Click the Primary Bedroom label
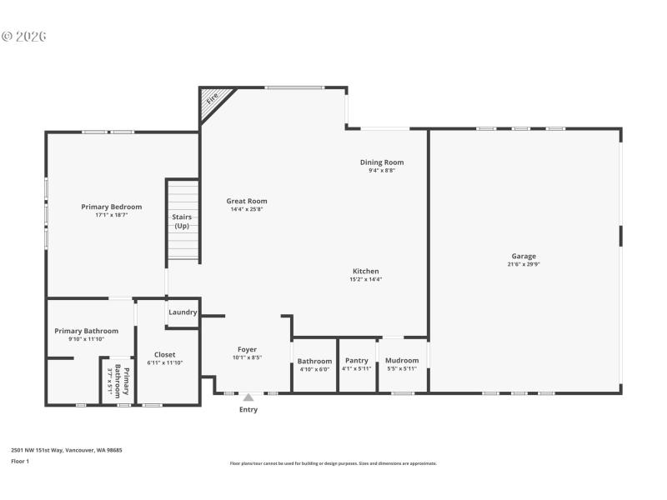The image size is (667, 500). (x=111, y=207)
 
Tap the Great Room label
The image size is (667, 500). (x=247, y=201)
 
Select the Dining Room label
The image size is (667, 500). (x=382, y=162)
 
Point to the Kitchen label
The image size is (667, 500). (x=365, y=271)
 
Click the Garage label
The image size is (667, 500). (x=524, y=256)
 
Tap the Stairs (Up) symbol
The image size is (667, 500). (x=182, y=221)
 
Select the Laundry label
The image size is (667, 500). (x=183, y=312)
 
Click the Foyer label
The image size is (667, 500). (x=247, y=349)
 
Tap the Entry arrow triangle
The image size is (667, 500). (x=248, y=397)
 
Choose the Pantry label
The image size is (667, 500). (x=356, y=361)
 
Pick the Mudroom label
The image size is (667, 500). (x=402, y=361)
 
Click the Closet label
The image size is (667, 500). (x=164, y=354)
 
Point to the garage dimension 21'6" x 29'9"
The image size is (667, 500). (x=524, y=264)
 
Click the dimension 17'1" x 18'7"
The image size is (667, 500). (x=111, y=215)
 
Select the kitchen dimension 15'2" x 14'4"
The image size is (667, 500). (x=365, y=279)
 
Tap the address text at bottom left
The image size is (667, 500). (x=66, y=450)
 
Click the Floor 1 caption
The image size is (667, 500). (x=20, y=461)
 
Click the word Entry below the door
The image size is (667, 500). (x=248, y=409)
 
